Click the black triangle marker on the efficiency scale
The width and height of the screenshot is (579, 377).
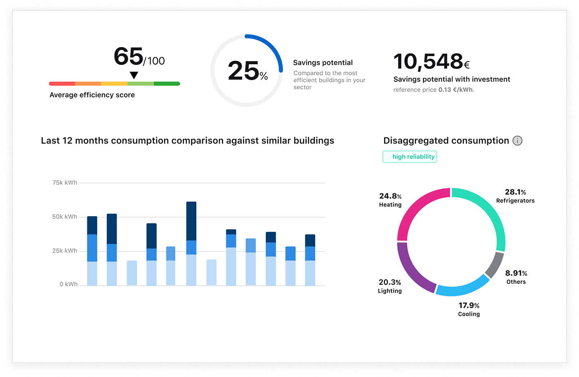(134, 75)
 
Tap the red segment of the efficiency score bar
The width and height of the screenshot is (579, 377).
(62, 84)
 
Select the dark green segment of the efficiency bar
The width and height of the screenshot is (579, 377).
(167, 84)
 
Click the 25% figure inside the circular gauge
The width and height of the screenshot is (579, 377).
(247, 71)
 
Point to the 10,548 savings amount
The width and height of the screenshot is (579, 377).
(428, 62)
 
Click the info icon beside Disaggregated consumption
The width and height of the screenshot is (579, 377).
(517, 141)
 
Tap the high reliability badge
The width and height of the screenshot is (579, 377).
(409, 157)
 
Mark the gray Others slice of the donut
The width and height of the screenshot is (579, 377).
(495, 265)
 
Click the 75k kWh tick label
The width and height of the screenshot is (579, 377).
(65, 182)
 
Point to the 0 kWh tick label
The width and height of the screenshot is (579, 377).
(68, 284)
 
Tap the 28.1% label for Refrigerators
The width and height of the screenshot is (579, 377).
(515, 192)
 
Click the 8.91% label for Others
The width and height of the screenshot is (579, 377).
(516, 273)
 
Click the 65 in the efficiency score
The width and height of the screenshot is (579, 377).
(128, 57)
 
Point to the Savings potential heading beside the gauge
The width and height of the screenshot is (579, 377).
(323, 63)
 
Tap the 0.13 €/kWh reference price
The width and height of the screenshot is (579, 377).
(455, 90)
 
